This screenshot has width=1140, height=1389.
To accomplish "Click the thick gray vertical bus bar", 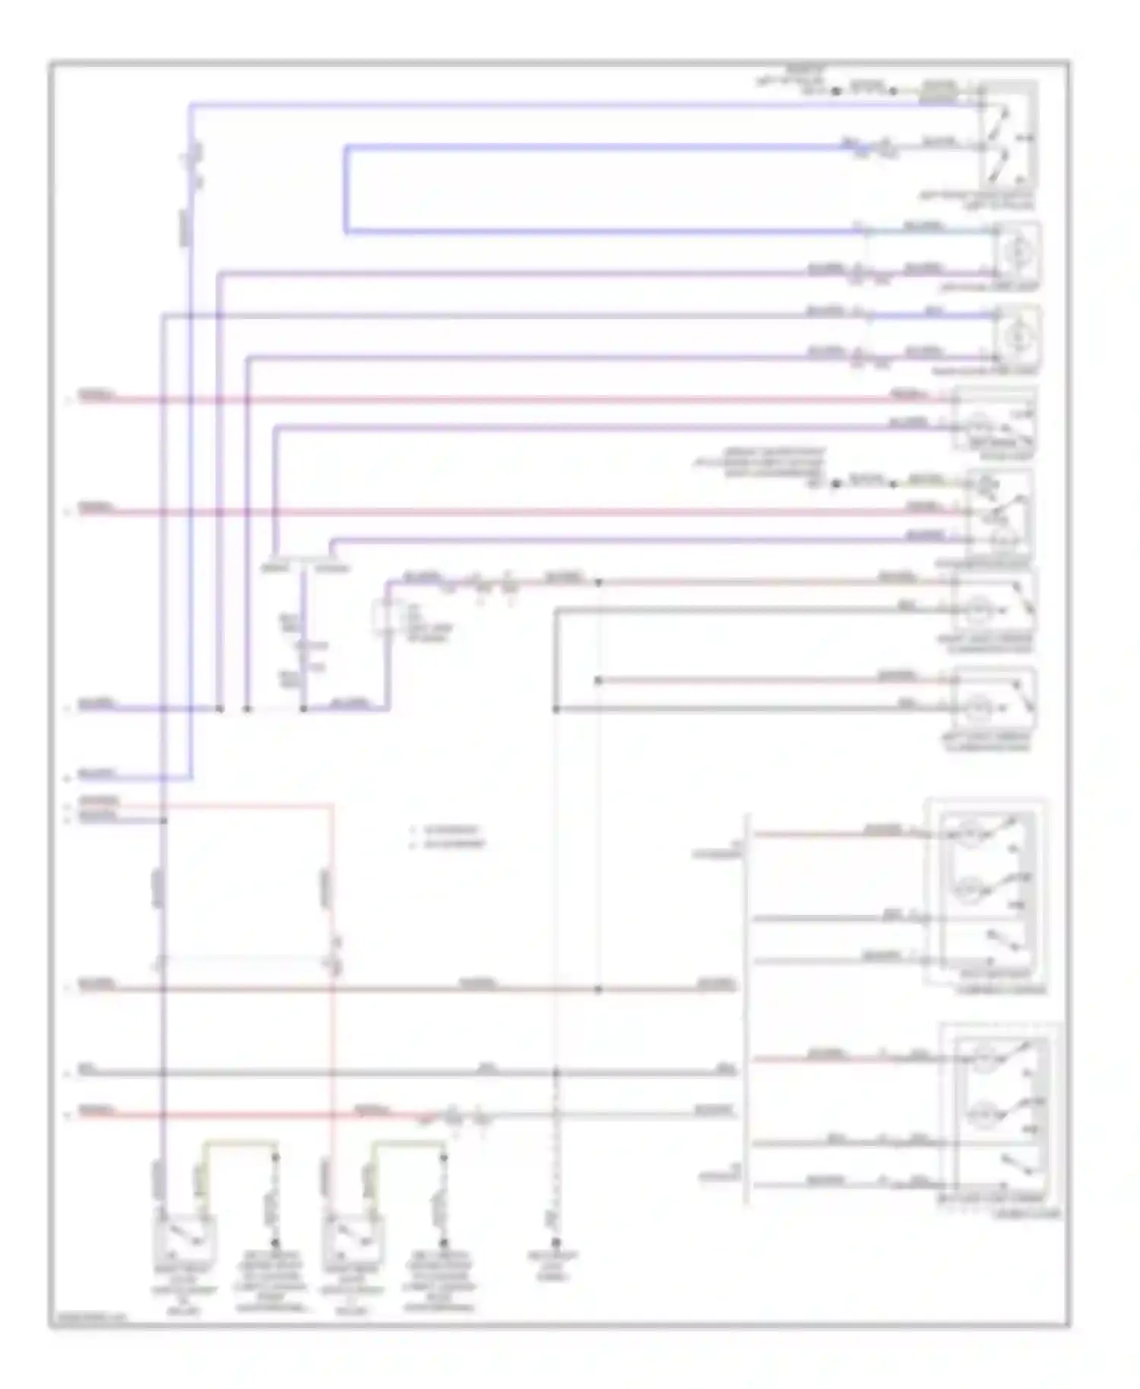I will pos(747,1011).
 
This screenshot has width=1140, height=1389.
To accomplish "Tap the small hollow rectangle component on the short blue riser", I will pos(383,618).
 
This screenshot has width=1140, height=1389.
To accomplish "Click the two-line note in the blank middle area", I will pos(448,837).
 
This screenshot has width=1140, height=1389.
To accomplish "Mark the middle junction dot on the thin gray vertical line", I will pos(598,681).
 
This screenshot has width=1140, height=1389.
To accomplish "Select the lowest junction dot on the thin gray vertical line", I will pos(598,989).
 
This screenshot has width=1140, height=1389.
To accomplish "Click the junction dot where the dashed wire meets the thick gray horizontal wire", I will pos(556,1073).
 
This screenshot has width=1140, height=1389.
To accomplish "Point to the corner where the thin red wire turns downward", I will pos(332,805).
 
